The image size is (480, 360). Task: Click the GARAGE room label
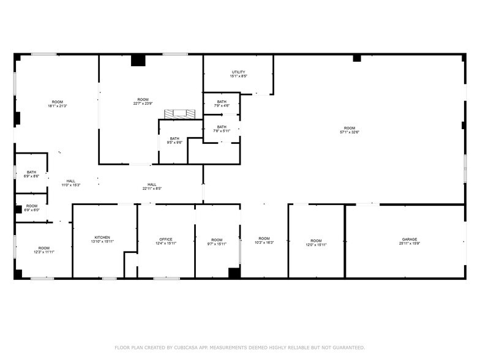(x=409, y=239)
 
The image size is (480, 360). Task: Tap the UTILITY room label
(x=238, y=72)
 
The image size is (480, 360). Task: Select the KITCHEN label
(x=102, y=237)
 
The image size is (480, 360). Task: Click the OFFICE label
(x=165, y=239)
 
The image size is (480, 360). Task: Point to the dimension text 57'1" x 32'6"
(x=349, y=132)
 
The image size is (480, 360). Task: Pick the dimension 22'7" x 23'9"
(x=143, y=104)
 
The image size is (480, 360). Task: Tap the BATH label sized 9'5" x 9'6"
(x=174, y=139)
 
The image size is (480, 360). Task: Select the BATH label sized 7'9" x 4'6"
(x=221, y=102)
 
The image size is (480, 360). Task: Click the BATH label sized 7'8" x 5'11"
(x=220, y=127)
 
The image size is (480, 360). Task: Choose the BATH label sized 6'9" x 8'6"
(x=31, y=172)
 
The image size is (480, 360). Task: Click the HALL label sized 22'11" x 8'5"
(x=151, y=184)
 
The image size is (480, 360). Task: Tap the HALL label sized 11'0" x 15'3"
(x=71, y=181)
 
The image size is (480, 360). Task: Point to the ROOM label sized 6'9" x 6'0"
(x=31, y=206)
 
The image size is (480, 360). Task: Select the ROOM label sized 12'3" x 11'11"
(x=44, y=248)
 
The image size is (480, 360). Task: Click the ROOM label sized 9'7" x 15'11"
(x=217, y=239)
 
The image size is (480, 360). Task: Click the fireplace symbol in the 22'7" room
(x=179, y=114)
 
